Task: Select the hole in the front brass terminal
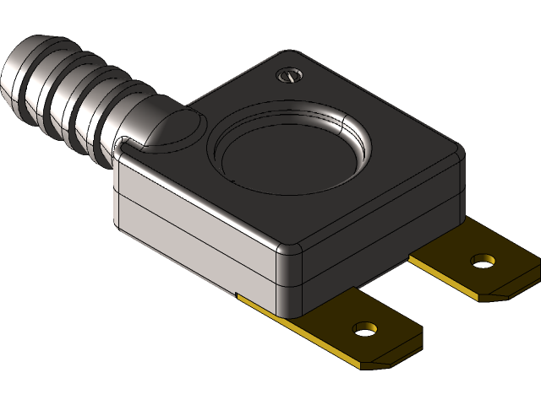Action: coord(365,327)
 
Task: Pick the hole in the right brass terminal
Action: coord(482,260)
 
